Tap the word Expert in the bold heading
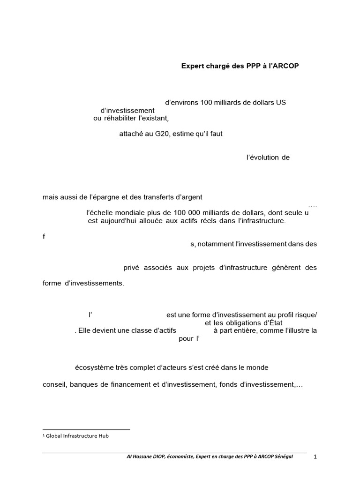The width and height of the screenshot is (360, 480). pyautogui.click(x=193, y=66)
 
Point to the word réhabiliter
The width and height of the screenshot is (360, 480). pyautogui.click(x=122, y=118)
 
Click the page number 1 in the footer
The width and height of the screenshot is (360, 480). pyautogui.click(x=315, y=457)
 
